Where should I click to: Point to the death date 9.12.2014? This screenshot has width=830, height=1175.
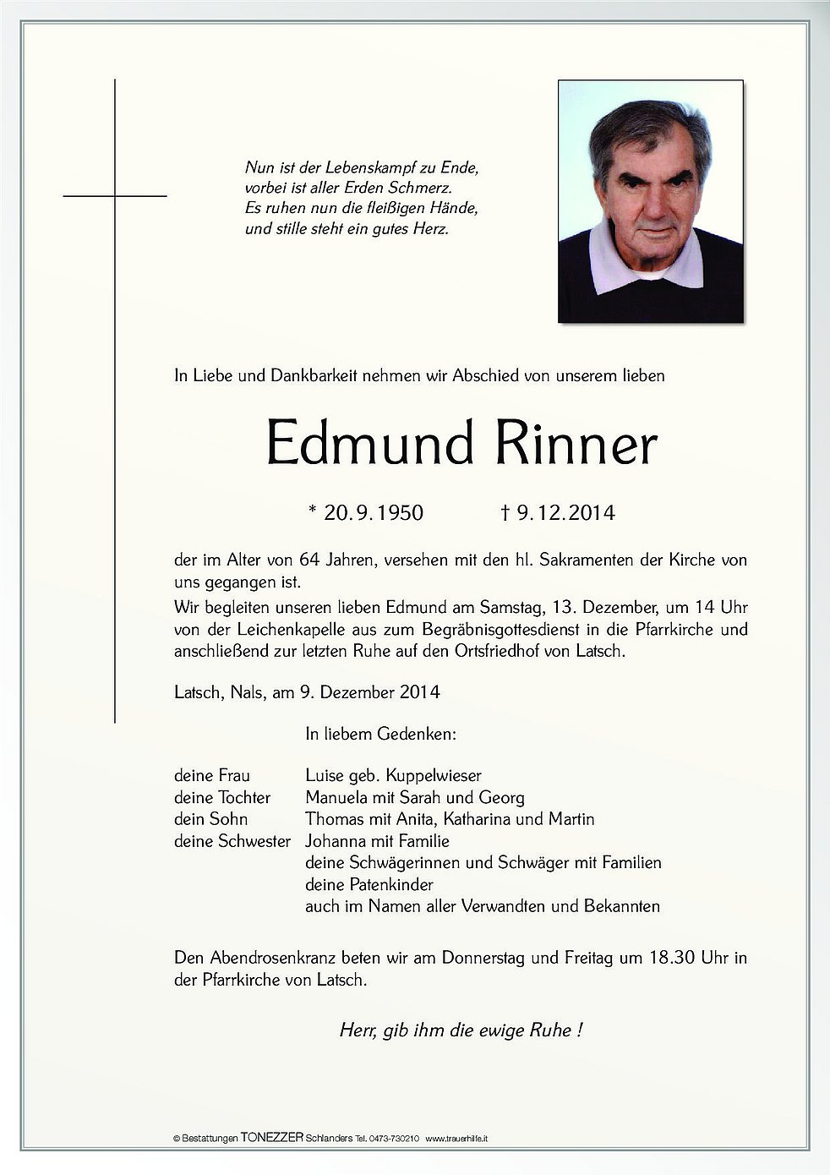tap(558, 512)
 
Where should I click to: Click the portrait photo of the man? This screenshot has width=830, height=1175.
tap(650, 201)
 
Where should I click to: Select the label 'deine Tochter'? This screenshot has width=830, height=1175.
tap(222, 797)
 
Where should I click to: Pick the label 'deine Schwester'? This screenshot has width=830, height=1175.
tap(232, 841)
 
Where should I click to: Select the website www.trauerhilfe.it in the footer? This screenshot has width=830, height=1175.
tap(456, 1139)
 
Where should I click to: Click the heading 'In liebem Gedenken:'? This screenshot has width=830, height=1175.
tap(380, 735)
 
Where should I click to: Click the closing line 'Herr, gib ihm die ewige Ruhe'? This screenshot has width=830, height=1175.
tap(461, 1030)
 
